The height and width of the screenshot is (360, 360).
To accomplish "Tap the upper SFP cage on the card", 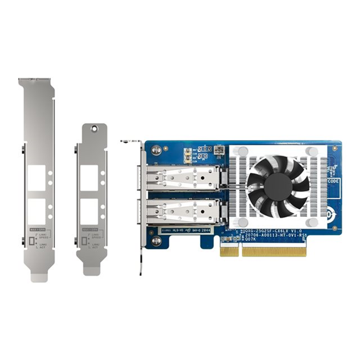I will coord(185,177).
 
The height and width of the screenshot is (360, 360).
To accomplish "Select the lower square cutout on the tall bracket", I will coord(36,212).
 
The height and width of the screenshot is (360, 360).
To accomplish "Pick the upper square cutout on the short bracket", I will coord(89,175).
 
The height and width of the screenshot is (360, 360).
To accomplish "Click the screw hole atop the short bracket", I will coord(95,129).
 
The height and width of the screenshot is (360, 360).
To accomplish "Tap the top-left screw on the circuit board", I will coord(155,148).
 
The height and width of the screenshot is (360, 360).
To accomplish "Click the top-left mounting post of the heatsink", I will coord(244,151).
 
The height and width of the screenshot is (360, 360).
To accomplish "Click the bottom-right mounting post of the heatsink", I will coord(312,221).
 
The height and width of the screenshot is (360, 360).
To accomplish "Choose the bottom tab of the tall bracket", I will coord(38,277).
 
